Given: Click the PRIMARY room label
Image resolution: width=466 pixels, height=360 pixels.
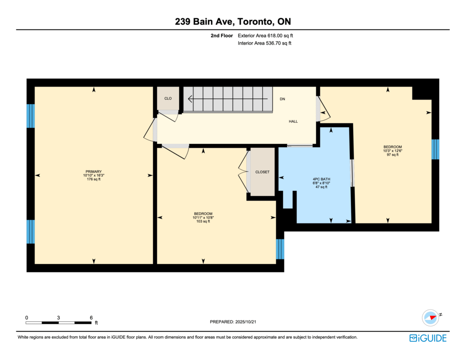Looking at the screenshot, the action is pyautogui.click(x=94, y=172).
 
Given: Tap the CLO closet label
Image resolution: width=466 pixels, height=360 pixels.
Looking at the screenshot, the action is pyautogui.click(x=168, y=98).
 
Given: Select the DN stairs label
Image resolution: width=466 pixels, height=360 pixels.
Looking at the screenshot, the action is pyautogui.click(x=282, y=99).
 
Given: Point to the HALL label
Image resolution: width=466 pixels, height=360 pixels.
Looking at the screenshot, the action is pyautogui.click(x=294, y=121).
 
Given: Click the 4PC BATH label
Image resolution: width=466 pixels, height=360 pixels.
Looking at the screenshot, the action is pyautogui.click(x=321, y=179).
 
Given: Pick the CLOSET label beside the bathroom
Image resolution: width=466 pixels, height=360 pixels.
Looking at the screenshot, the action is pyautogui.click(x=263, y=172).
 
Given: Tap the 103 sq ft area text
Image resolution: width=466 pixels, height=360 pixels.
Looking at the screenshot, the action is pyautogui.click(x=203, y=222).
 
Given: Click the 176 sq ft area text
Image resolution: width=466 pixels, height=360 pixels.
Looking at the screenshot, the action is pyautogui.click(x=94, y=179).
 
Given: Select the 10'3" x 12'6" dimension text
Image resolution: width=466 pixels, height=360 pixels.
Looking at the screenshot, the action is pyautogui.click(x=393, y=151).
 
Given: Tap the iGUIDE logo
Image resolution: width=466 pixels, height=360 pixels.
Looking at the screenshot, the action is pyautogui.click(x=428, y=338).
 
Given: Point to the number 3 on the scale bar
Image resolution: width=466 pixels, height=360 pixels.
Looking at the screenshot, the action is pyautogui.click(x=59, y=318).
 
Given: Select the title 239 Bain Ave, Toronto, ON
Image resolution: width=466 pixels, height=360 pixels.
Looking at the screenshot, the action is pyautogui.click(x=233, y=21).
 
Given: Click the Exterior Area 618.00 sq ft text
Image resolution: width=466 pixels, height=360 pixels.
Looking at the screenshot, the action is pyautogui.click(x=265, y=35).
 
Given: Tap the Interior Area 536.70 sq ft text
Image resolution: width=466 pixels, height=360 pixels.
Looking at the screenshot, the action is pyautogui.click(x=264, y=43).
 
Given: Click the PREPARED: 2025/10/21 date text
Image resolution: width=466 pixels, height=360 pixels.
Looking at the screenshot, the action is pyautogui.click(x=233, y=322).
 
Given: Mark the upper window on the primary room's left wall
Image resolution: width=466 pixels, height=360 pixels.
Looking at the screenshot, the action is pyautogui.click(x=30, y=116).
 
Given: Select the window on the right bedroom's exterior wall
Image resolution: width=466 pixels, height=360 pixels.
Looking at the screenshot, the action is pyautogui.click(x=436, y=149).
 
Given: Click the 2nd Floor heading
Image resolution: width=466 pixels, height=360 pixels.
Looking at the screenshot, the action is pyautogui.click(x=222, y=35).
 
